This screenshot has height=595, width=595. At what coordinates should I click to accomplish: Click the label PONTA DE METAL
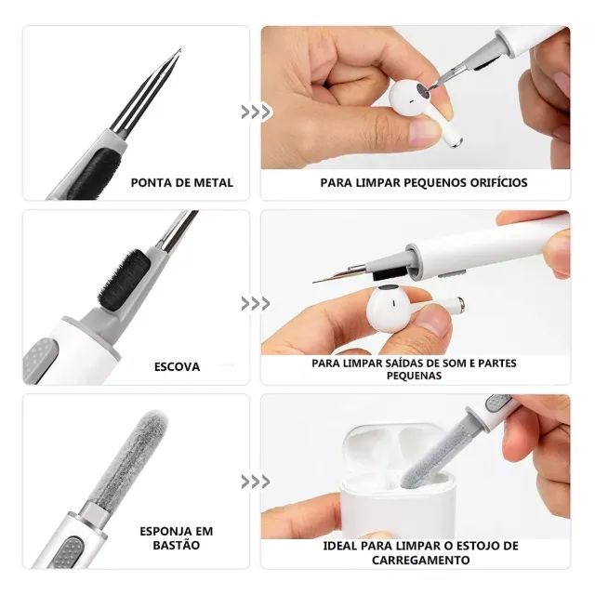pyautogui.click(x=182, y=182)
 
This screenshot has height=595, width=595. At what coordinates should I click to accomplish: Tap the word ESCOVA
pyautogui.click(x=177, y=366)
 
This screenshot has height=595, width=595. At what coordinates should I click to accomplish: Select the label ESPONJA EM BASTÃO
pyautogui.click(x=176, y=538)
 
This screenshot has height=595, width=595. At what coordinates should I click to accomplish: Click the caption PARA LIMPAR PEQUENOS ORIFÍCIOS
pyautogui.click(x=423, y=182)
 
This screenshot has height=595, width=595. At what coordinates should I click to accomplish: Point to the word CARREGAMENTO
pyautogui.click(x=421, y=560)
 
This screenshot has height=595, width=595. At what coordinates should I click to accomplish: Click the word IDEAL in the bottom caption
pyautogui.click(x=344, y=546)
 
